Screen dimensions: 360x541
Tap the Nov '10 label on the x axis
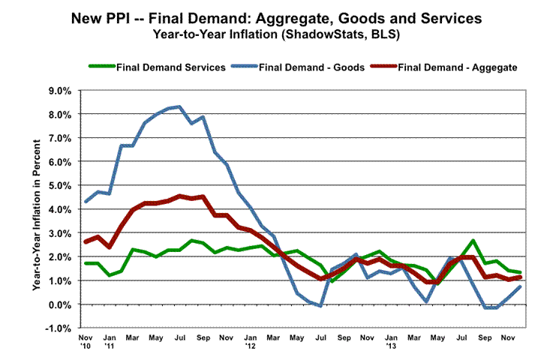tap(86, 343)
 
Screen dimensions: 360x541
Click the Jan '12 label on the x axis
tap(251, 343)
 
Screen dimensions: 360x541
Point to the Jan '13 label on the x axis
tap(391, 343)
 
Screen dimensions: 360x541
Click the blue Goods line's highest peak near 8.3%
tap(179, 106)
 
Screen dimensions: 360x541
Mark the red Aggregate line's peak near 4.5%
tap(179, 196)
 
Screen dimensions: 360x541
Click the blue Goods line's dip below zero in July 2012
tap(320, 306)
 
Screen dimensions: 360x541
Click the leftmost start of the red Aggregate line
tap(86, 241)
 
